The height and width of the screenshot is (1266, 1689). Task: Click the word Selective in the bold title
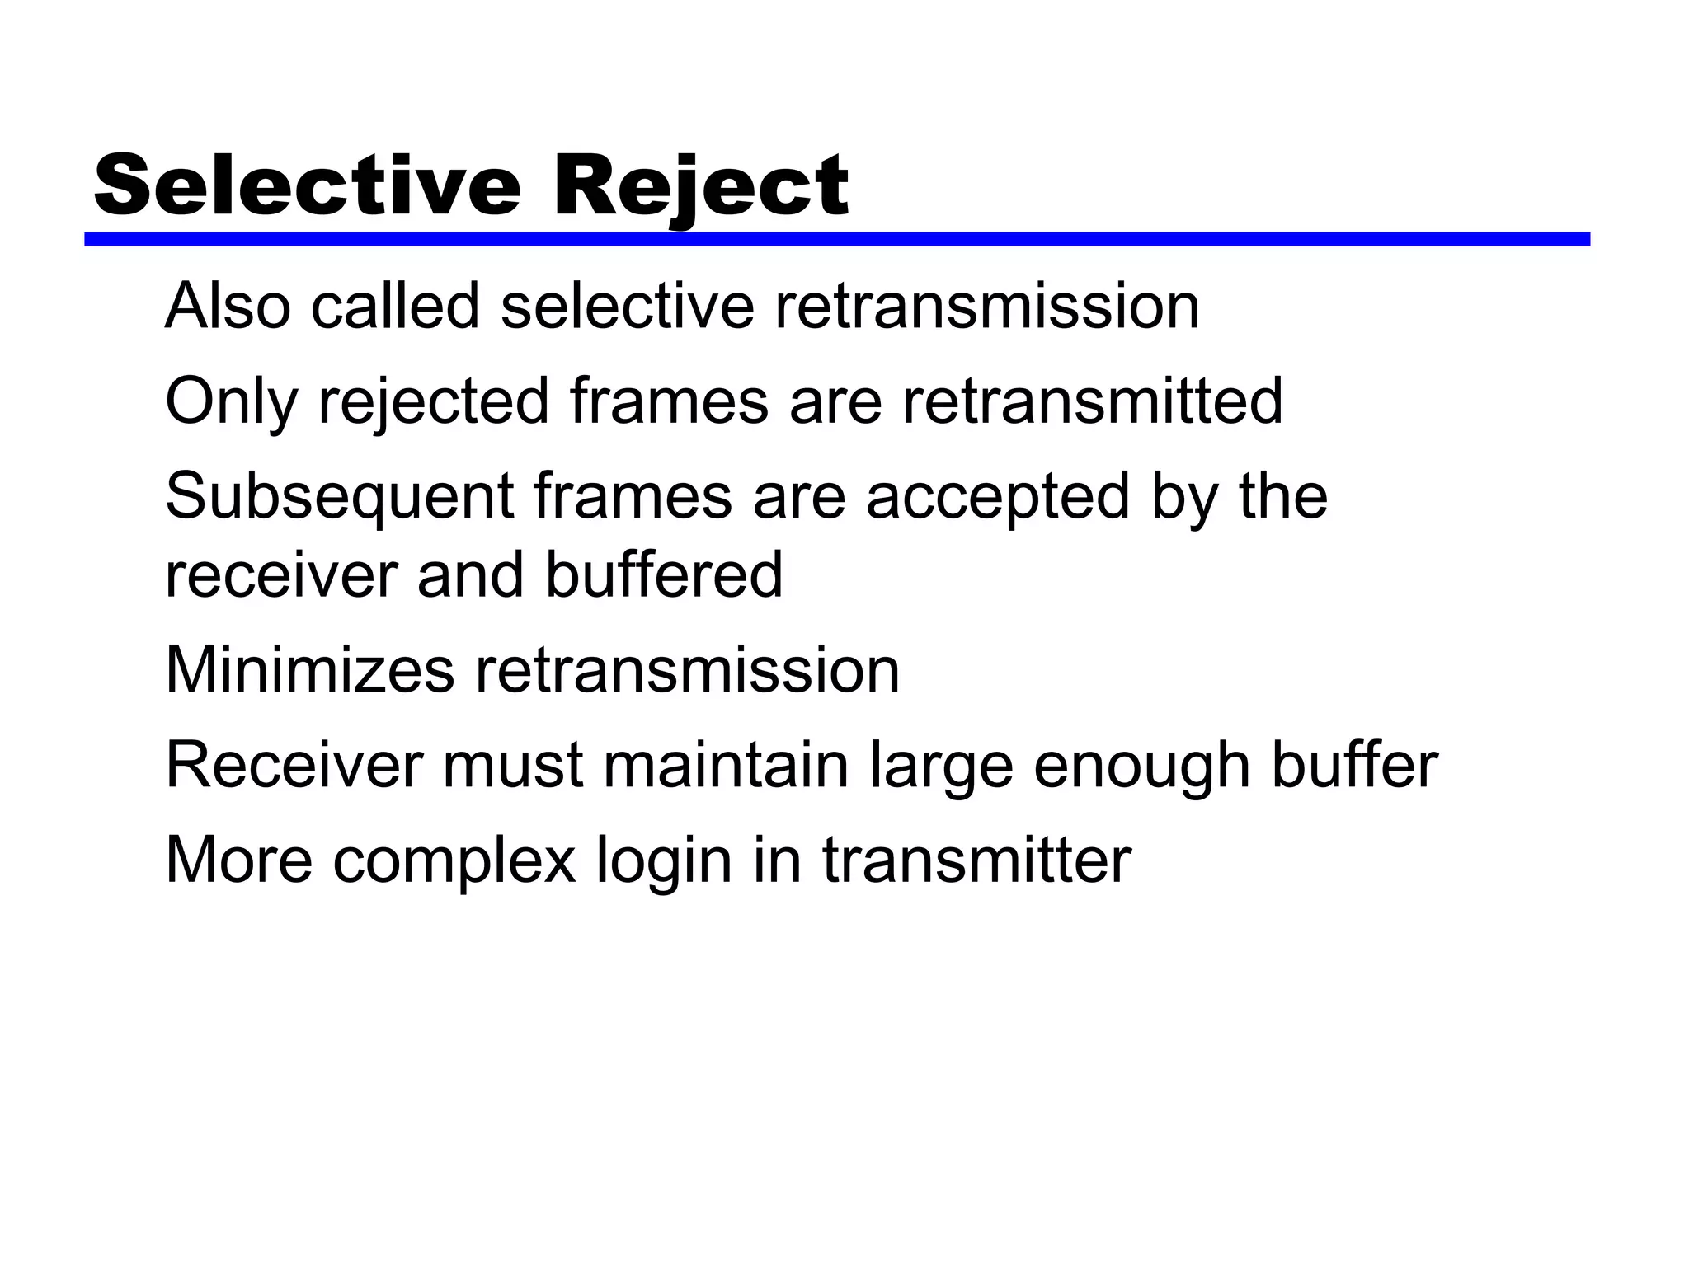[x=308, y=186]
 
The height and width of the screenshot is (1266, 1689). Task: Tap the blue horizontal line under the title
[x=836, y=239]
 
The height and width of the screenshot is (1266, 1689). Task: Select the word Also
[x=228, y=307]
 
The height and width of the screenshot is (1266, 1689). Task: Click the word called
[x=395, y=307]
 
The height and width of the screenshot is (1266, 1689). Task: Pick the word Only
[x=231, y=401]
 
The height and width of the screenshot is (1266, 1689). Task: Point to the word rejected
[x=434, y=401]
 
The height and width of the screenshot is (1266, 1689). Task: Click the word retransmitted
[x=1092, y=401]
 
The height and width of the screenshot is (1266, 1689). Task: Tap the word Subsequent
[x=340, y=497]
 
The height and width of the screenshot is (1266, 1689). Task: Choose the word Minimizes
[x=310, y=670]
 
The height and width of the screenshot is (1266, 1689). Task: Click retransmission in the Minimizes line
[x=686, y=670]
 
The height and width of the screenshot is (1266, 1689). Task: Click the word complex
[x=454, y=861]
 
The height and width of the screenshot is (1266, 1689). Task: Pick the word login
[x=664, y=861]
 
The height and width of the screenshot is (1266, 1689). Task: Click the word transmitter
[x=976, y=861]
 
